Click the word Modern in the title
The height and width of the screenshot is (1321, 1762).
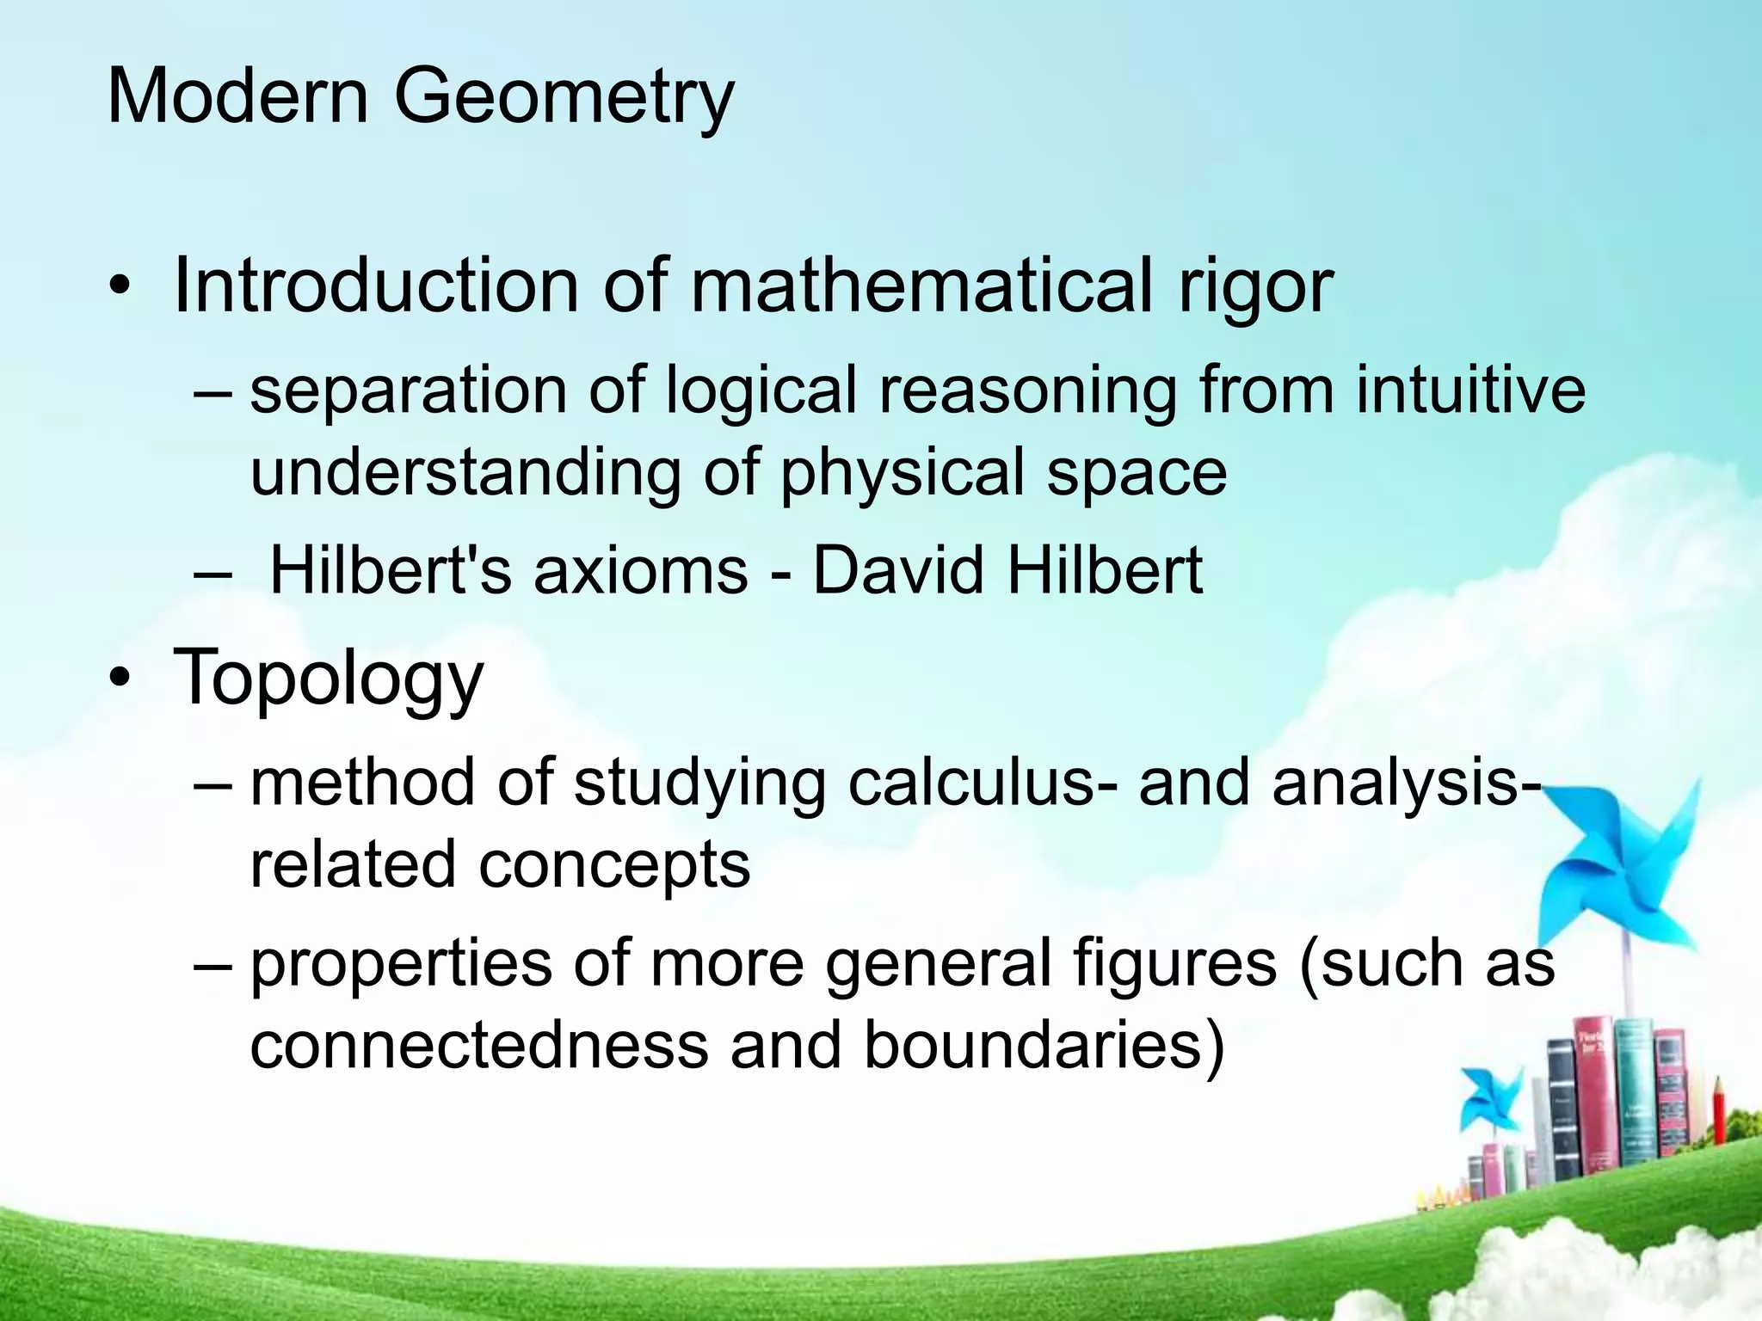[237, 95]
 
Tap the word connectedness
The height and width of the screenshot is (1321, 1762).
[478, 1046]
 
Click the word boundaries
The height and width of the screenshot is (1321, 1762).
[1043, 1046]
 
